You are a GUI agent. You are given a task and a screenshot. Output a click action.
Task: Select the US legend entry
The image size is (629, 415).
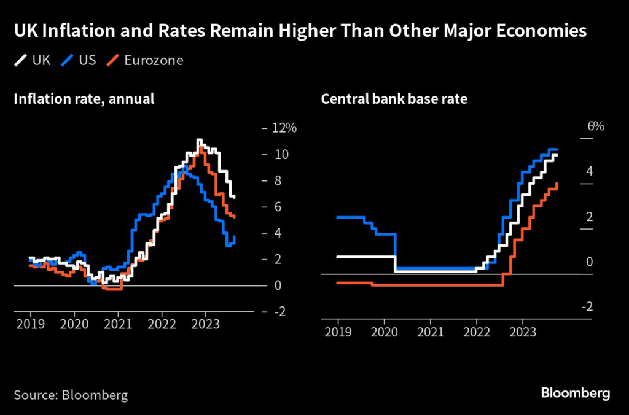click(x=80, y=60)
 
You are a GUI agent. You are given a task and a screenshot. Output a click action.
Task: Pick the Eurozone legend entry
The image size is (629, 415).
click(x=146, y=60)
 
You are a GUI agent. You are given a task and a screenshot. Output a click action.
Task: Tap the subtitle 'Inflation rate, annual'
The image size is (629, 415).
click(x=84, y=98)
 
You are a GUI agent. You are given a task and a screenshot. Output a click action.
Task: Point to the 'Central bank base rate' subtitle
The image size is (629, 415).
click(x=394, y=98)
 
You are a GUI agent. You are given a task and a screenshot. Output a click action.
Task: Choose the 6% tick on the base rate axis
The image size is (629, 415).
click(x=595, y=126)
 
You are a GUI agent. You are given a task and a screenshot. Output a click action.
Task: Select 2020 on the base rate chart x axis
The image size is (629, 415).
click(x=384, y=332)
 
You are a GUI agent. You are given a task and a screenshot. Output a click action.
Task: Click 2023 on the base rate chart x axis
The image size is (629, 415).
click(x=522, y=332)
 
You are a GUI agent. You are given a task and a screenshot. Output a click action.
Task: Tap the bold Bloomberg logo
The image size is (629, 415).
click(x=576, y=393)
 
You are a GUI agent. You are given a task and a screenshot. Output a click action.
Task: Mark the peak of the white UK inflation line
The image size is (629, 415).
click(x=198, y=141)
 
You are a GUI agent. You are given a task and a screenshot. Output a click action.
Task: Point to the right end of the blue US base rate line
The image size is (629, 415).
click(x=557, y=149)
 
